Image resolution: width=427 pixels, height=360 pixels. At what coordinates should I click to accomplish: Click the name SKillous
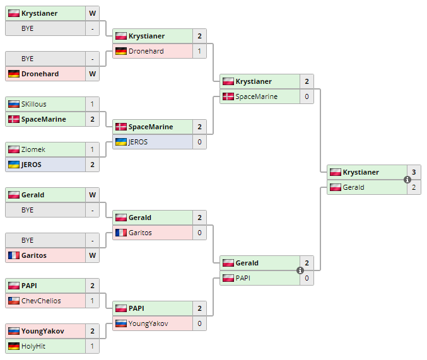coord(33,104)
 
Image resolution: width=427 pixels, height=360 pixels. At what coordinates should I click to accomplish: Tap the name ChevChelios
coord(41,301)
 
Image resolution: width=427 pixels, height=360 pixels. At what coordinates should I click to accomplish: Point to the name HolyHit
coord(33,346)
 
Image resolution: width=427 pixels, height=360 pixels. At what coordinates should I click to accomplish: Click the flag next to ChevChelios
coord(13,301)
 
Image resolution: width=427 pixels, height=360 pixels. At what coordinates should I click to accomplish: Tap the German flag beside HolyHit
coord(13,346)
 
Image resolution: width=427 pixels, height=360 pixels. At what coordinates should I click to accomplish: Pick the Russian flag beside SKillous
coord(13,104)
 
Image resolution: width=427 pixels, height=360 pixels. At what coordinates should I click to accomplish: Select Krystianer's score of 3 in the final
coord(414,172)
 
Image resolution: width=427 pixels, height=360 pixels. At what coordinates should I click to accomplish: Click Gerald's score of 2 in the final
coord(414,187)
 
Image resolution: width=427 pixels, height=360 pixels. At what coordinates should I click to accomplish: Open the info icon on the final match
coord(407,180)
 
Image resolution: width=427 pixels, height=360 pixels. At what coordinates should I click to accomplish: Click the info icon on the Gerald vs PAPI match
coord(300,270)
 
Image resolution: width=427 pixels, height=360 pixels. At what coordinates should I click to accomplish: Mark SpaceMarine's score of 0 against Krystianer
coord(307,96)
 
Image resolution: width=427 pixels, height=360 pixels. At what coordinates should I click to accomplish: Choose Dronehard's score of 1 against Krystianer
coord(199,51)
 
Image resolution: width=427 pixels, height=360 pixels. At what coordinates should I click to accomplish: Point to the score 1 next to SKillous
coord(92,104)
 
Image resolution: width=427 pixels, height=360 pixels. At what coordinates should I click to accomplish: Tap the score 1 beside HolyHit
coord(92,346)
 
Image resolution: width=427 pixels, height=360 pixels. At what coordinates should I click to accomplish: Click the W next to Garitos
coord(92,255)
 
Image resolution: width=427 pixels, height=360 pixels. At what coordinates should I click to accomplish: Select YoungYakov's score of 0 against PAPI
coord(199,323)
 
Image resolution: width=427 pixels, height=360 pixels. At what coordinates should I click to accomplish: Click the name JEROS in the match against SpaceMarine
coord(137,142)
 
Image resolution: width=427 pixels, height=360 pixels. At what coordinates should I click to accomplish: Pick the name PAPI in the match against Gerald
coord(243,278)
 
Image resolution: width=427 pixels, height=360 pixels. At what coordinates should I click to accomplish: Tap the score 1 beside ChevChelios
coord(92,301)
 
